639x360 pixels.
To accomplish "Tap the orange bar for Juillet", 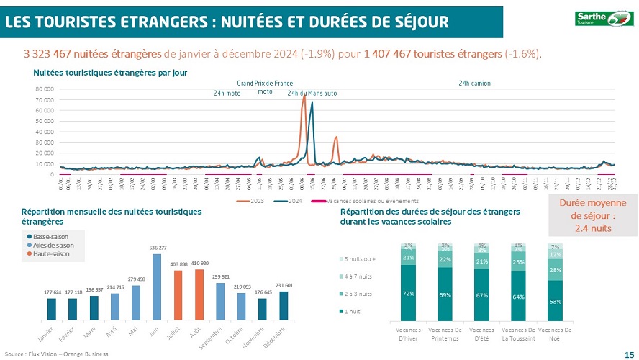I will coord(178,295).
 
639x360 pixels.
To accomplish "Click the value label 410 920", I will coord(199,264).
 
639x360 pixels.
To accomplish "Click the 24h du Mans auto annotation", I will coord(312,94).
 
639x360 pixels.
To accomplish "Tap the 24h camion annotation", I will coord(474,84).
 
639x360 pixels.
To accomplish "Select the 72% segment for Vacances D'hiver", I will coord(409,293).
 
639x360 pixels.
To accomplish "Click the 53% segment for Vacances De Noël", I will coord(555,301).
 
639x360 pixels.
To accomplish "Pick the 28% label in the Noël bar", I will coord(555,270).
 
